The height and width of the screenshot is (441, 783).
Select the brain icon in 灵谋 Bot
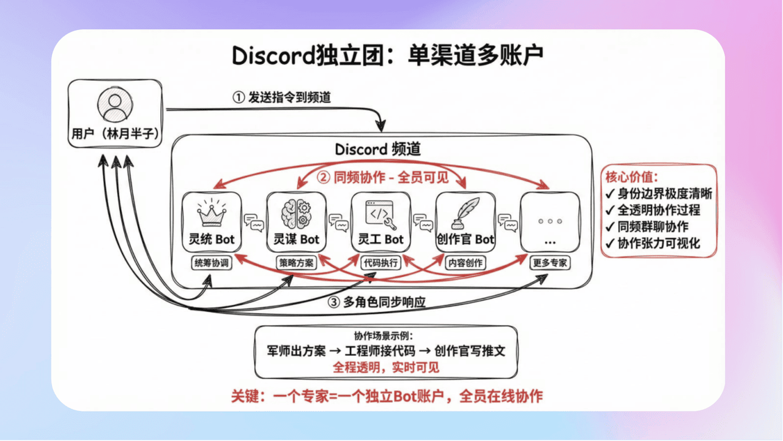pyautogui.click(x=297, y=214)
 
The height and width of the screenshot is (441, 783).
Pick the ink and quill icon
pyautogui.click(x=465, y=213)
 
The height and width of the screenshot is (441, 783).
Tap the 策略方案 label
pyautogui.click(x=297, y=263)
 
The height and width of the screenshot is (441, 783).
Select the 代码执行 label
pyautogui.click(x=381, y=263)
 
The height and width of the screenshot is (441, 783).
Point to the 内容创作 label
pyautogui.click(x=466, y=263)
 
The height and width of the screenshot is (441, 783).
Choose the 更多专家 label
pyautogui.click(x=549, y=263)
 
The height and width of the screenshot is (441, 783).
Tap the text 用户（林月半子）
pyautogui.click(x=114, y=134)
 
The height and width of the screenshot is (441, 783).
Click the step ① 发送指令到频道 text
pyautogui.click(x=282, y=98)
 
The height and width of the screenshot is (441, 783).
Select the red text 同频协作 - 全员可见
pyautogui.click(x=382, y=178)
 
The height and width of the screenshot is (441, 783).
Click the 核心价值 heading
pyautogui.click(x=632, y=178)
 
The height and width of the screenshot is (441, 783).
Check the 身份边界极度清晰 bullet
pyautogui.click(x=658, y=194)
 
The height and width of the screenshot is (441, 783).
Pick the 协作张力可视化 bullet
pyautogui.click(x=652, y=244)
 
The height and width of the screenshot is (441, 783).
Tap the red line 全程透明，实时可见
pyautogui.click(x=386, y=367)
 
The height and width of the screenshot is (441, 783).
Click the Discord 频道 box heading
pyautogui.click(x=377, y=149)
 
